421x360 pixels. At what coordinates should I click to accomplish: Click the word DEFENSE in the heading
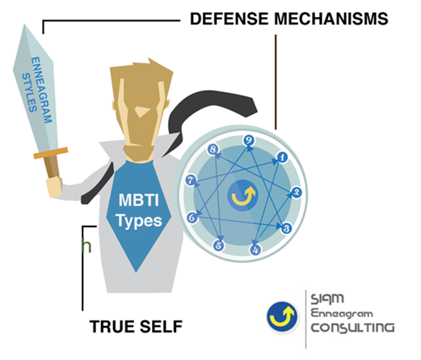(x=229, y=19)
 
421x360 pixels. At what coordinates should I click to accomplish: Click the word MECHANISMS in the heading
(x=331, y=19)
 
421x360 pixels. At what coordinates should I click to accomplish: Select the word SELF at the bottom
(x=161, y=326)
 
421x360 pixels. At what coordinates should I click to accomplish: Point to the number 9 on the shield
(x=249, y=140)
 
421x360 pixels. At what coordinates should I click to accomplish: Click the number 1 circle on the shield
(x=282, y=157)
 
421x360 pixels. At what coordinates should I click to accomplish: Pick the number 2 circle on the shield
(x=296, y=193)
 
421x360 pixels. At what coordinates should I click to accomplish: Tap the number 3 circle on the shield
(x=286, y=228)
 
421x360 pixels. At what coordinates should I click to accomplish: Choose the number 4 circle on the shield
(x=255, y=249)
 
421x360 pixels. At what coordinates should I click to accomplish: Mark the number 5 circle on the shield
(x=219, y=245)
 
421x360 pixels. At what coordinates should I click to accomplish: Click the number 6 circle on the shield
(x=192, y=218)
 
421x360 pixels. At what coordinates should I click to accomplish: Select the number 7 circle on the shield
(x=191, y=180)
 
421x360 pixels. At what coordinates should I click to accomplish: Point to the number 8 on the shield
(x=213, y=149)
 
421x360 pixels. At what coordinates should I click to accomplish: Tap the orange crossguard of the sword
(x=51, y=153)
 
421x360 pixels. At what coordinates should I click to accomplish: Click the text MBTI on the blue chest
(x=138, y=200)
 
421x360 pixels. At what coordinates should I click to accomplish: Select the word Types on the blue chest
(x=139, y=222)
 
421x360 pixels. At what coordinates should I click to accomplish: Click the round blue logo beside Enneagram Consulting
(x=282, y=316)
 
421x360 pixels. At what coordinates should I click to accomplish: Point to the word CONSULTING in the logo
(x=352, y=328)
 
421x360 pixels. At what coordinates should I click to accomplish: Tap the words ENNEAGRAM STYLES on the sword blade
(x=37, y=90)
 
